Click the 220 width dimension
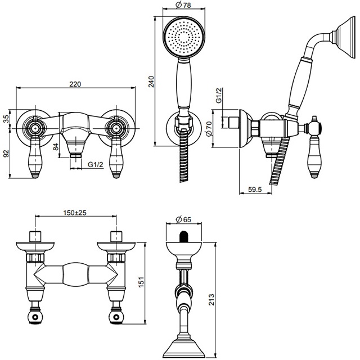(75, 84)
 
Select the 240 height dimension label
(150, 82)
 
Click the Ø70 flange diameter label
(208, 129)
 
